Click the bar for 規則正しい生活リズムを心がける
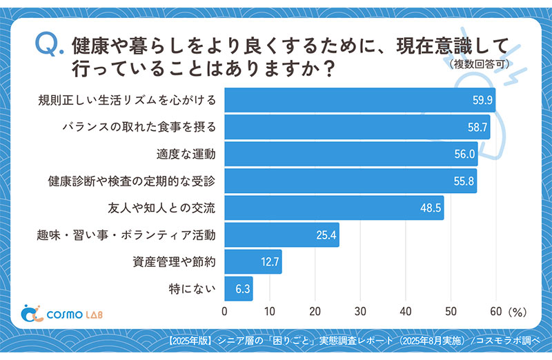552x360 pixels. (x=359, y=101)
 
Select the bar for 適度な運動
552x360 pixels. (x=351, y=154)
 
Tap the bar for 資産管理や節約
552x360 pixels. (x=253, y=262)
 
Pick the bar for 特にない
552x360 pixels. (x=239, y=289)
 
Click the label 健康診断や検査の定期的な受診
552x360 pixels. (x=132, y=181)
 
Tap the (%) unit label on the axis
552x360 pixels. (x=517, y=312)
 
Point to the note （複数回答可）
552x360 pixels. (x=478, y=65)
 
